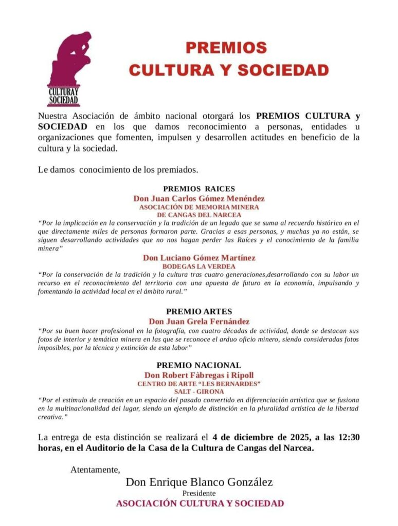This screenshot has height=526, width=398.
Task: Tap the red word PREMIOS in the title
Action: coord(226,48)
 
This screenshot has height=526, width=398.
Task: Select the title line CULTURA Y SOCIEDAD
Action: coord(229,70)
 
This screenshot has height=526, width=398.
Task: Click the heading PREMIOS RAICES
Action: coord(199,189)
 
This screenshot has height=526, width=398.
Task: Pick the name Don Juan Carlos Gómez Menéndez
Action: coord(199,198)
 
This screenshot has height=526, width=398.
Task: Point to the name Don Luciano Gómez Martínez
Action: coord(199,258)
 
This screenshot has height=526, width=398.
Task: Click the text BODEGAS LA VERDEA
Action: coord(199,267)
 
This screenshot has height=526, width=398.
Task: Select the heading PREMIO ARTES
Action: coord(199,311)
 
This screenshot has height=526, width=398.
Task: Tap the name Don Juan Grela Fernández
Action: coord(199,322)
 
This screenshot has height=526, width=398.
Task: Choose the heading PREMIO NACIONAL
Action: coord(199,365)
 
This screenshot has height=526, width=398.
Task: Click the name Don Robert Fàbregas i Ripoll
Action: coord(199,375)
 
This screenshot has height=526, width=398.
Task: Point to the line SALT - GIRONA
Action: coord(199,391)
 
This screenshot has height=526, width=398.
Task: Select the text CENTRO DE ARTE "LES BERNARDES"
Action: coord(199,384)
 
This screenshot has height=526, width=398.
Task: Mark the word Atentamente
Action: coord(95,469)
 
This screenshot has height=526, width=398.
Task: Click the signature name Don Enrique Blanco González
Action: coord(199,482)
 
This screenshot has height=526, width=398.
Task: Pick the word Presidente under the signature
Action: coord(199,493)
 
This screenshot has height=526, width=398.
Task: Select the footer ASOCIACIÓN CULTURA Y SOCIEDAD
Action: coord(200,503)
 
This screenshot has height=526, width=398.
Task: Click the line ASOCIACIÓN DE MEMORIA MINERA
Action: coord(199,207)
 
